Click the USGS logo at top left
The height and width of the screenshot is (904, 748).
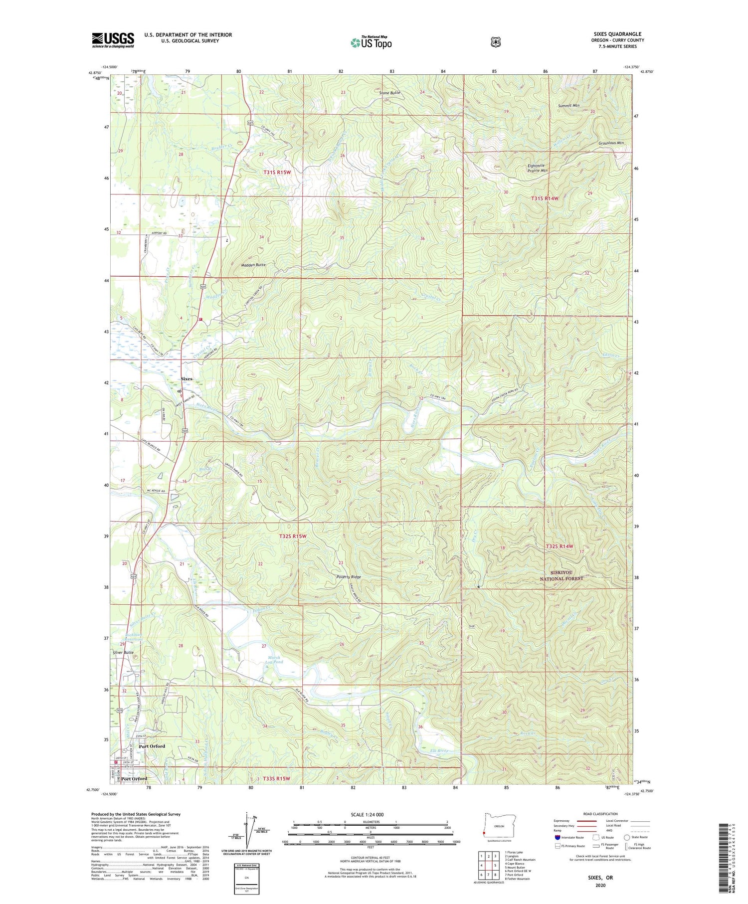tap(113, 40)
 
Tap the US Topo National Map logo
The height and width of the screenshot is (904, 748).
tap(371, 42)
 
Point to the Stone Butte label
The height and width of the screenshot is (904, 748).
tap(389, 93)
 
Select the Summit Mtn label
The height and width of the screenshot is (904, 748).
tap(568, 106)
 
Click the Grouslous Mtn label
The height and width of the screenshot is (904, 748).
tap(611, 143)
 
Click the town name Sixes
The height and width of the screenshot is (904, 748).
tap(186, 379)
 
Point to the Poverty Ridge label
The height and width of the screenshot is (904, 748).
tap(348, 577)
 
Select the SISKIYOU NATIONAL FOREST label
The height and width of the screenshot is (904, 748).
tap(561, 575)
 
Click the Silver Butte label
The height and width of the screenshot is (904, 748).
tap(123, 652)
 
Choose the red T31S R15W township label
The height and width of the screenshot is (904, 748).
tap(277, 172)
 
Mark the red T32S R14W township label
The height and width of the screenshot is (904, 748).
tap(560, 546)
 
